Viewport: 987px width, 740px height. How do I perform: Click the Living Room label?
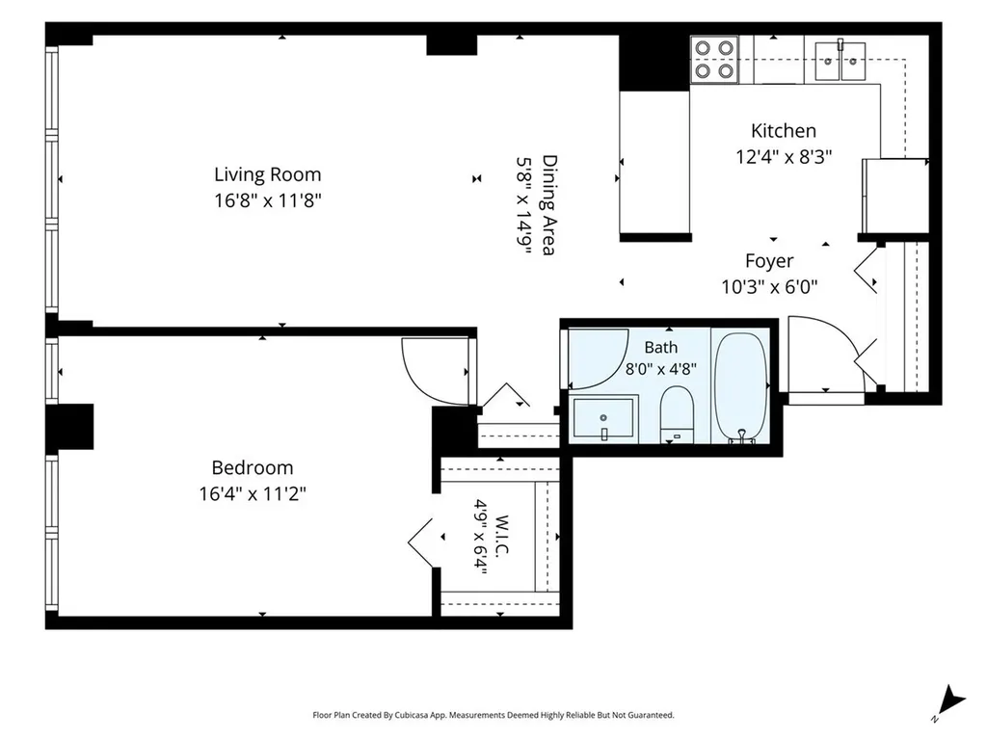click(268, 174)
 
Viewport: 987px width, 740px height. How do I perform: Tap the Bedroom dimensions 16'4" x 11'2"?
click(253, 494)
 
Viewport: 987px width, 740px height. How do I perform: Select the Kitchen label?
click(784, 131)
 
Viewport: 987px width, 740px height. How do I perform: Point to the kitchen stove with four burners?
click(714, 60)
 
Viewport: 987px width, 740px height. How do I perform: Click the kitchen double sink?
click(840, 61)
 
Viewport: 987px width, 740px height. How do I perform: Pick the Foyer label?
click(769, 261)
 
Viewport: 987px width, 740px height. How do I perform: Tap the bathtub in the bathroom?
click(741, 387)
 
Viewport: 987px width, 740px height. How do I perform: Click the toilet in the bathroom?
click(677, 414)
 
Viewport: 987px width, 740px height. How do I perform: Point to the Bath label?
click(661, 347)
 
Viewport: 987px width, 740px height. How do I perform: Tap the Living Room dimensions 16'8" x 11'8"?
click(268, 200)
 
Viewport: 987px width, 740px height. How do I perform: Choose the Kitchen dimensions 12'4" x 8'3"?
click(785, 157)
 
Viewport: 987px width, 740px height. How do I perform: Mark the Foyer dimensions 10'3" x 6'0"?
click(769, 287)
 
